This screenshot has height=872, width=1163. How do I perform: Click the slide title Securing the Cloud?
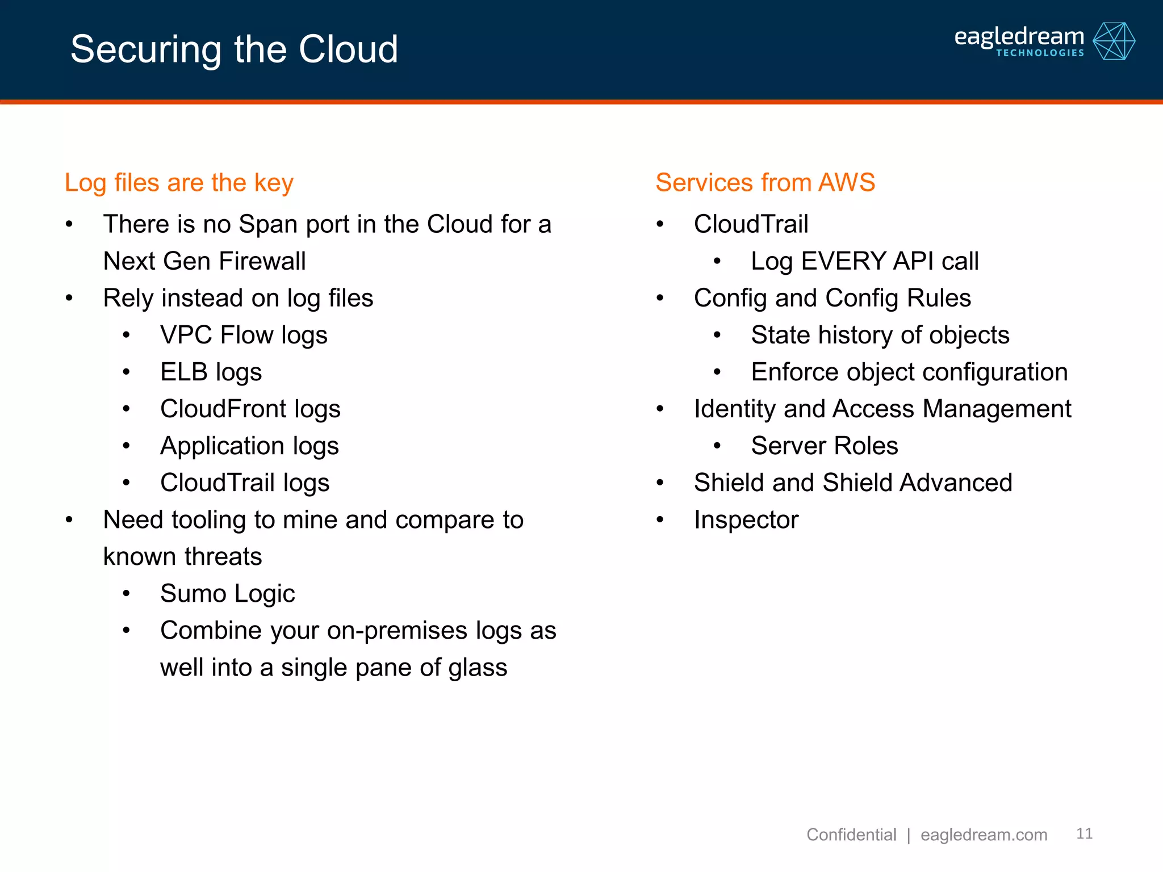[x=234, y=49]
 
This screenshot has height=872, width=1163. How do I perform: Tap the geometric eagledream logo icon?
[x=1114, y=41]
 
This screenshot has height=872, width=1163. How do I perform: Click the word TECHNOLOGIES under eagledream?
[x=1040, y=53]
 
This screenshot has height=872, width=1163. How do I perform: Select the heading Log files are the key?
[x=179, y=183]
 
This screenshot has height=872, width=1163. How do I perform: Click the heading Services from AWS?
[x=765, y=183]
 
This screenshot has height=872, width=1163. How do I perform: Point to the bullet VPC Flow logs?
[x=244, y=335]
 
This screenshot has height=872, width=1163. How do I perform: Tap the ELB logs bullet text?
[x=211, y=372]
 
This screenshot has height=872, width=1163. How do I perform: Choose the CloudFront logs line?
[x=250, y=409]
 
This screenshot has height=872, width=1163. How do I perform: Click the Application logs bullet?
[x=249, y=446]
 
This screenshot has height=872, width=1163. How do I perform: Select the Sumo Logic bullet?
[x=227, y=593]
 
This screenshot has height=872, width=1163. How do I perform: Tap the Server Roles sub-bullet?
[x=824, y=446]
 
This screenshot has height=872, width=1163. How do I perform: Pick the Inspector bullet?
[x=746, y=519]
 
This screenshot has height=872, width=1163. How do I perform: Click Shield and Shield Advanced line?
[x=852, y=483]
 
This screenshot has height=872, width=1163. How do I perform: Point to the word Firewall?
[x=262, y=261]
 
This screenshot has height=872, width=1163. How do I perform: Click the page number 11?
[x=1084, y=833]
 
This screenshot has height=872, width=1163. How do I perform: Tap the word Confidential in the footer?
[x=851, y=835]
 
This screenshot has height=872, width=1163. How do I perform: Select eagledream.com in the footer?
[x=984, y=835]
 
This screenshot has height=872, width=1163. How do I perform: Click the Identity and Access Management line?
[x=882, y=409]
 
